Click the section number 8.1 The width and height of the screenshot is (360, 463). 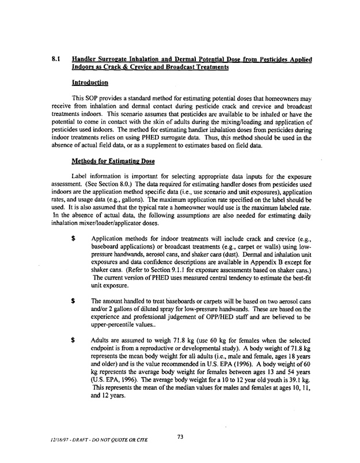(56, 59)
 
